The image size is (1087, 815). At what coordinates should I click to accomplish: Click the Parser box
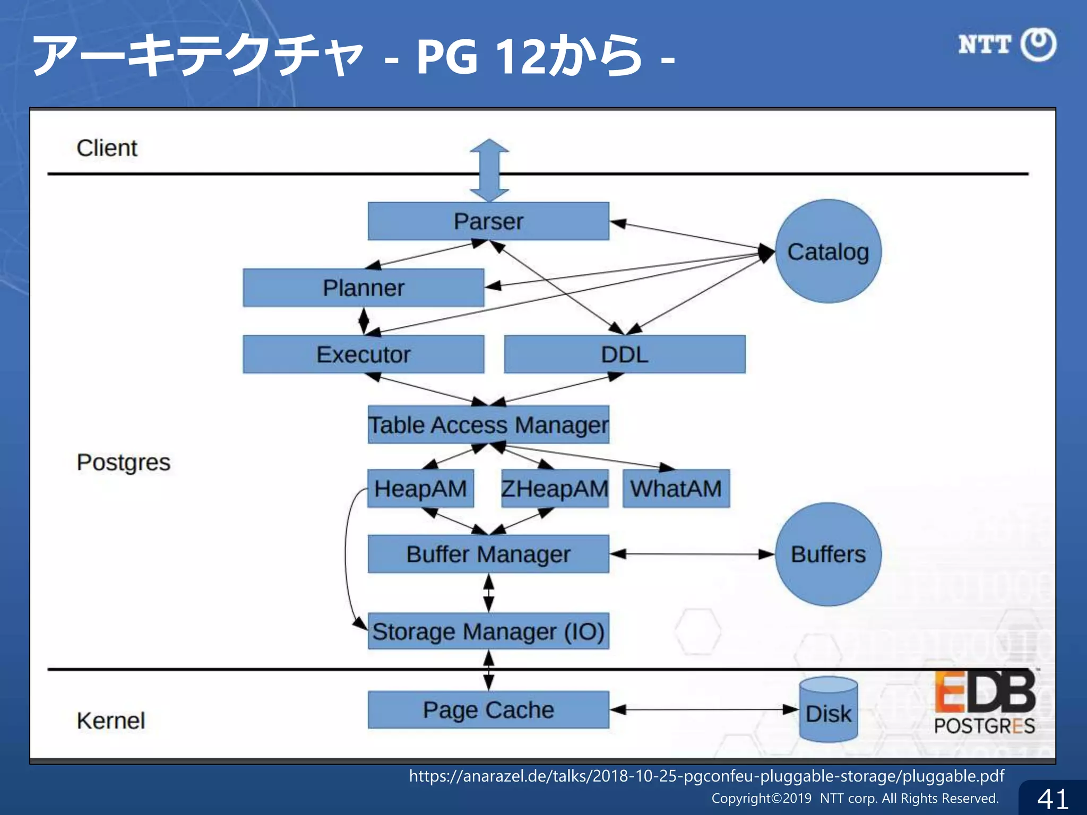point(488,221)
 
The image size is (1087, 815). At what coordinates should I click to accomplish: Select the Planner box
point(364,288)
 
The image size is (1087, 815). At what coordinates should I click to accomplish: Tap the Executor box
point(364,354)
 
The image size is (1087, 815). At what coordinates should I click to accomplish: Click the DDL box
point(625,354)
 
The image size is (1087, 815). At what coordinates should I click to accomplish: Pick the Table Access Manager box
point(488,424)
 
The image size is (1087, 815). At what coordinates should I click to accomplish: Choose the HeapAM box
point(420,488)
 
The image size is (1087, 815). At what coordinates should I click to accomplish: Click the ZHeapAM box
point(555,488)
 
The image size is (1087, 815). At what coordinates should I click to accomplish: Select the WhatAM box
point(676,488)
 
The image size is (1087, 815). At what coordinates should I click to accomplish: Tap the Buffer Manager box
point(488,554)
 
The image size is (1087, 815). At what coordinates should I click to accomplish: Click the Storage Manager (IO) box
point(488,631)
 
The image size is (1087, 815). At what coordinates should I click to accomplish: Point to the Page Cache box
point(488,709)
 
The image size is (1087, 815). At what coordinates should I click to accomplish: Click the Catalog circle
point(828,252)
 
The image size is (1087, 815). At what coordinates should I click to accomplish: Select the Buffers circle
point(828,554)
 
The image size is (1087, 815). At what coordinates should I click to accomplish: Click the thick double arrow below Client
point(489,170)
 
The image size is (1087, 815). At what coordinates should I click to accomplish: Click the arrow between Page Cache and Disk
point(704,709)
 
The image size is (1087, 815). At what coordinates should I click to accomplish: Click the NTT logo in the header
point(1007,45)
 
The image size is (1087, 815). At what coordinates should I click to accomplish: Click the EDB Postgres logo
point(985,702)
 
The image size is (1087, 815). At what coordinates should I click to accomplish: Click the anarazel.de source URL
point(706,776)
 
